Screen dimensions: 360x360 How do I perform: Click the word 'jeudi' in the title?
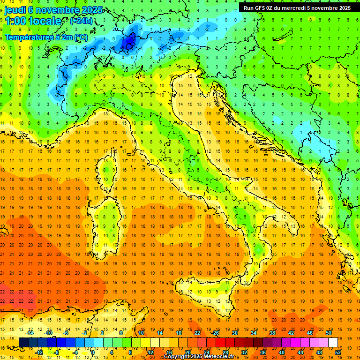[x=15, y=10]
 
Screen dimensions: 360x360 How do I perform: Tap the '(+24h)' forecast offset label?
[x=81, y=21]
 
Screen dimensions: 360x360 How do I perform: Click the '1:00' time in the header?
[x=15, y=21]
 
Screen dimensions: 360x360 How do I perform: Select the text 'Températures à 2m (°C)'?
[x=46, y=37]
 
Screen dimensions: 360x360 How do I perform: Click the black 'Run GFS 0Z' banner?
[x=297, y=8]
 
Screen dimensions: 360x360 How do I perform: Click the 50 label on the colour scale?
[x=328, y=333]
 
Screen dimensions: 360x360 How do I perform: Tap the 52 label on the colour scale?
[x=337, y=352]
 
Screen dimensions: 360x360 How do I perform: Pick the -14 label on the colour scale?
[x=31, y=333]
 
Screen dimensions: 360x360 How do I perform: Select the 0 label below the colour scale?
[x=93, y=352]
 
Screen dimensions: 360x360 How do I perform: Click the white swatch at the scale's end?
[x=333, y=342]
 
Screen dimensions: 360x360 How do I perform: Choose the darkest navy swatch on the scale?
[x=23, y=342]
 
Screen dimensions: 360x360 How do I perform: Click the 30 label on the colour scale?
[x=234, y=333]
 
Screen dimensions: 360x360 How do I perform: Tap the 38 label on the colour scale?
[x=272, y=333]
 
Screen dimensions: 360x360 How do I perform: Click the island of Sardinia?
[x=109, y=220]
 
